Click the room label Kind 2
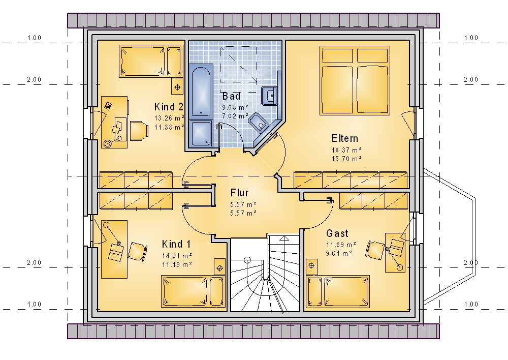click(169, 107)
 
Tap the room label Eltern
click(345, 138)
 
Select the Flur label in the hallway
click(239, 193)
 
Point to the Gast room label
click(337, 233)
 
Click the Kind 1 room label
click(176, 244)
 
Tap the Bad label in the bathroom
click(231, 96)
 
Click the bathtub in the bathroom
click(201, 91)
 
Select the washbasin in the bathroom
click(270, 96)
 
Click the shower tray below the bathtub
click(201, 133)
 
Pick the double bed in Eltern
click(355, 80)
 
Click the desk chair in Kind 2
click(139, 131)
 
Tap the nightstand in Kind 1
click(219, 267)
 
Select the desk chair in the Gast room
click(375, 250)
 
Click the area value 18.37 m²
click(346, 150)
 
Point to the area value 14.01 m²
click(177, 256)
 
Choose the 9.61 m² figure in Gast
click(339, 253)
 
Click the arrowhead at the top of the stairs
click(284, 238)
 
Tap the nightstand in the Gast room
click(311, 266)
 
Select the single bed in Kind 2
click(151, 61)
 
